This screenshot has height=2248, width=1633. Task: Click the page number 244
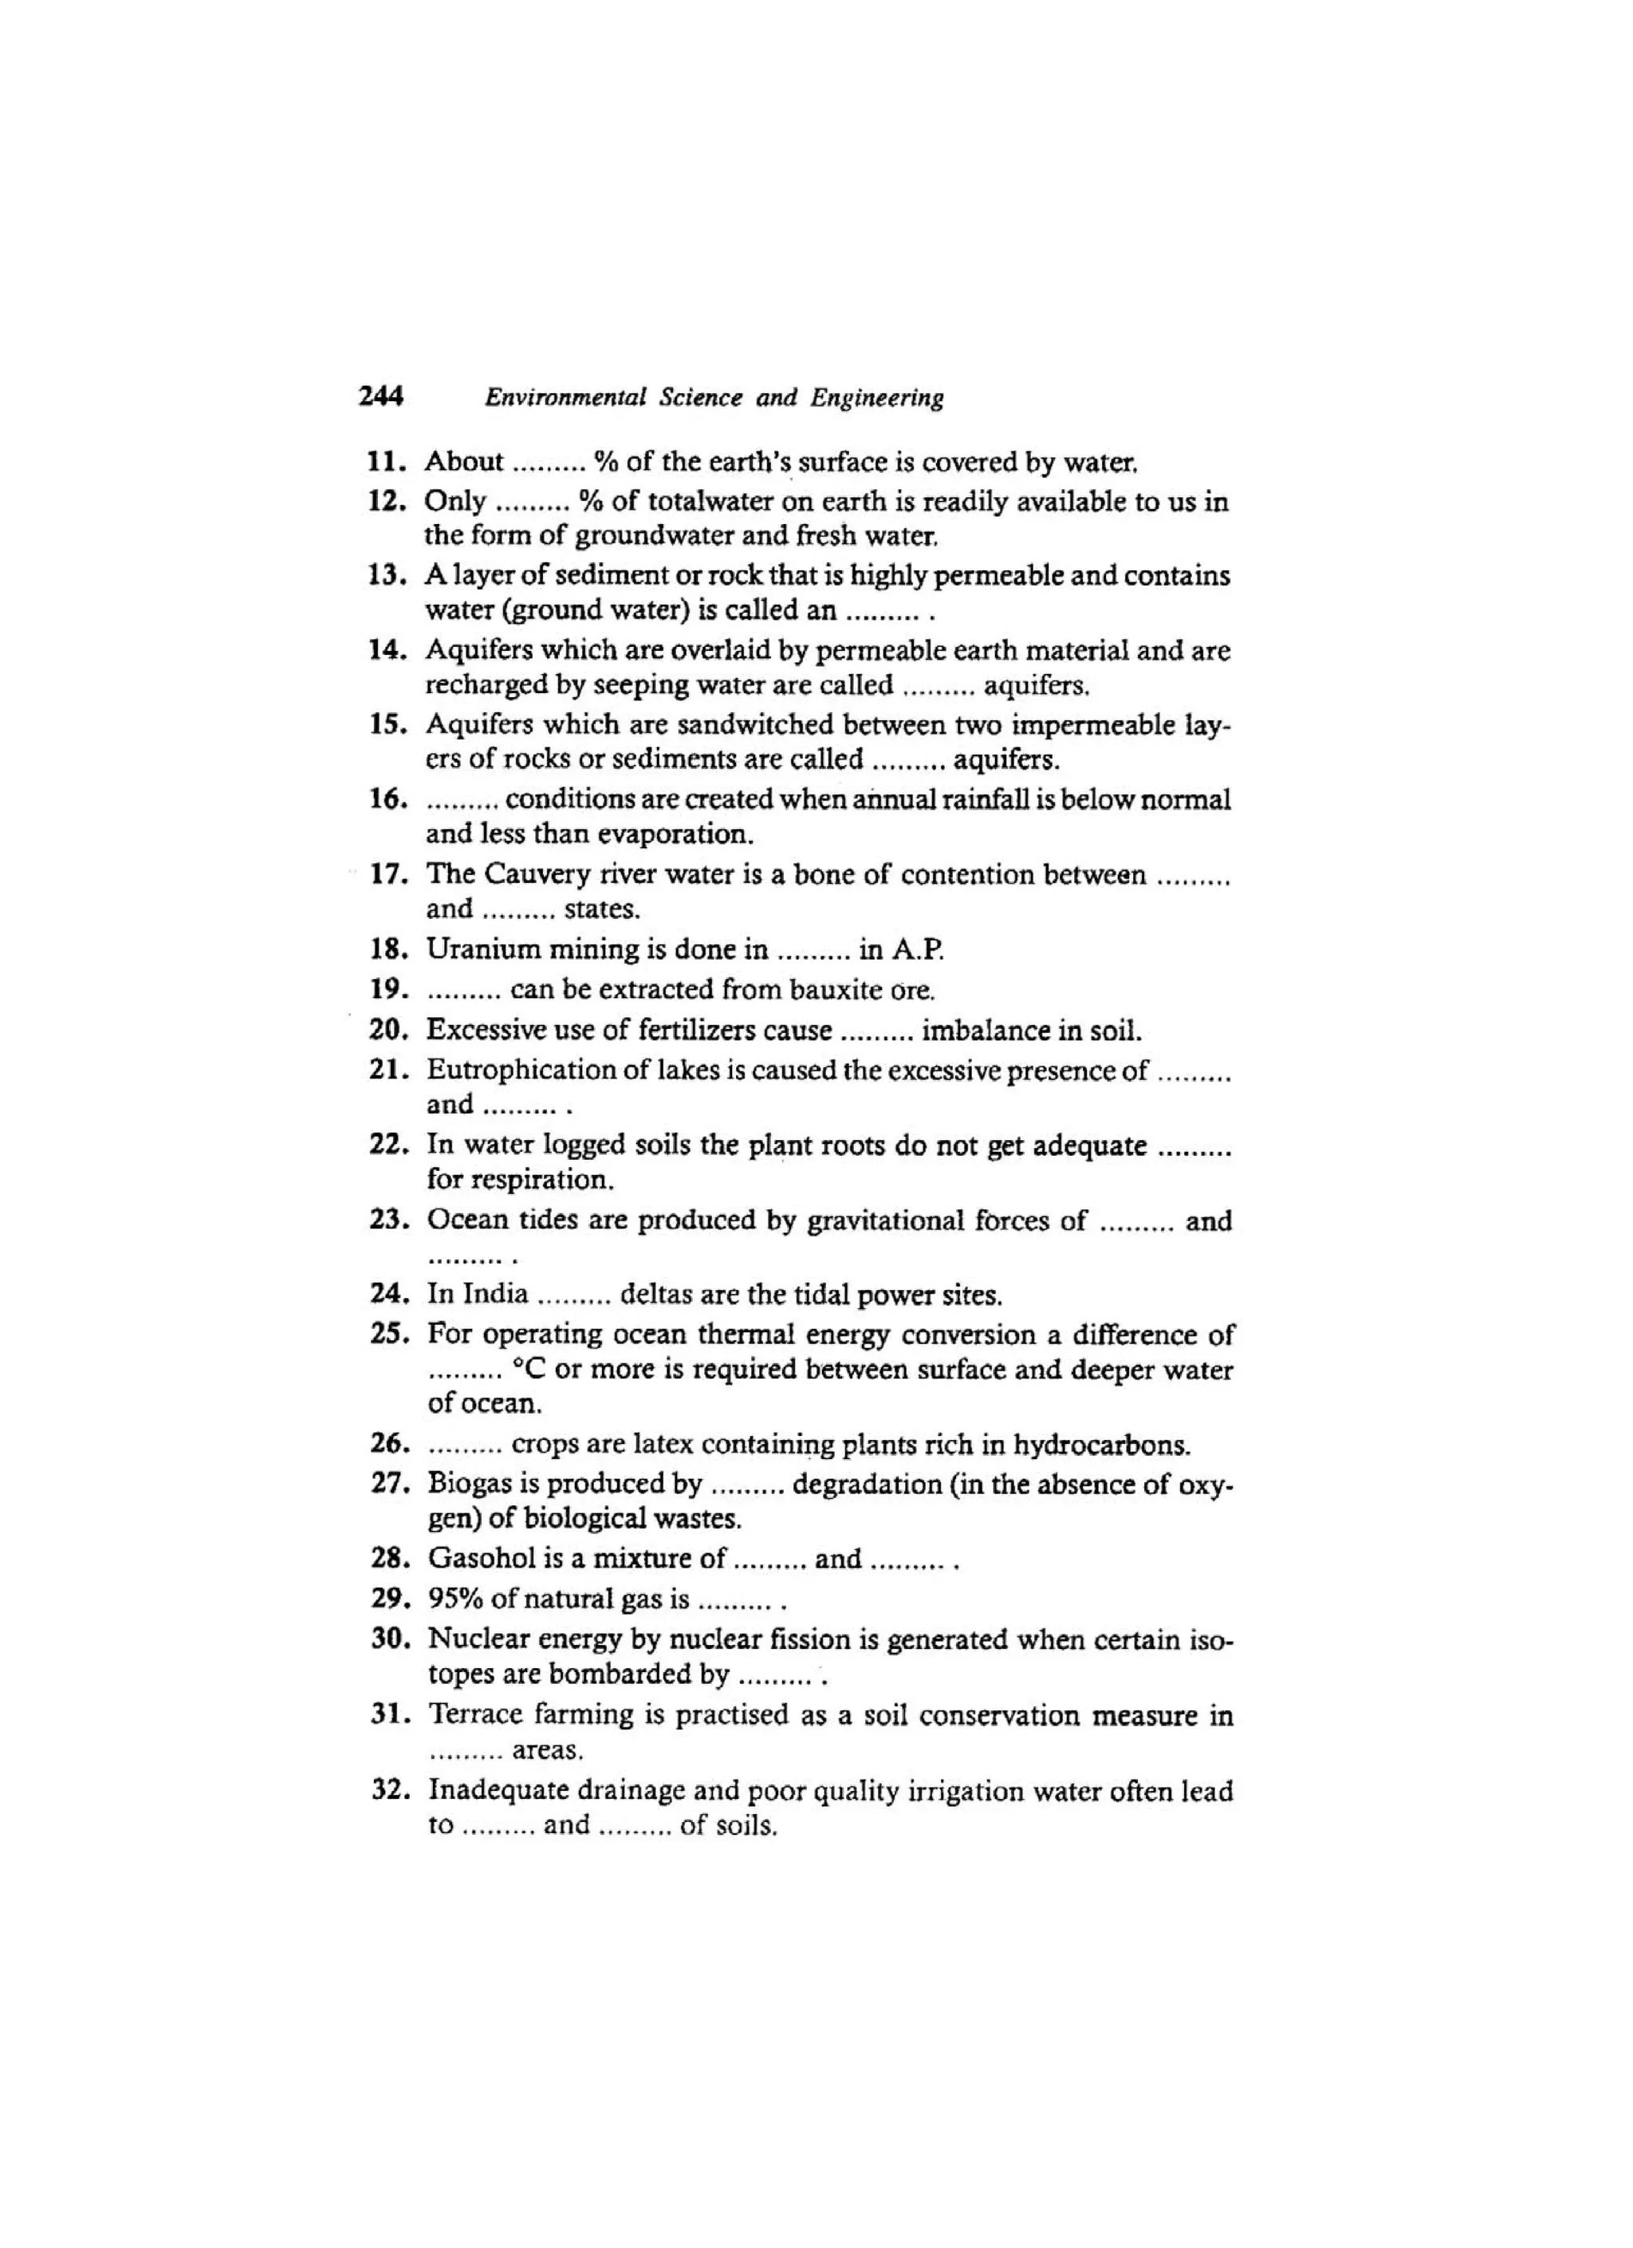click(x=381, y=396)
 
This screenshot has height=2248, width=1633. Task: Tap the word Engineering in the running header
click(x=877, y=398)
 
